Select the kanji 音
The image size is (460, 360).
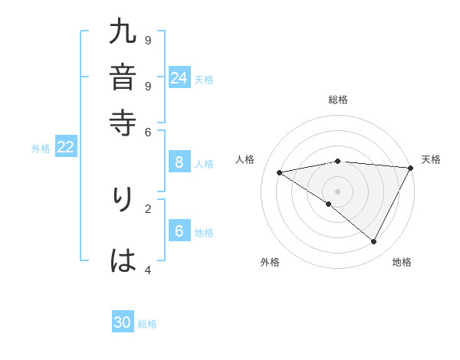tap(123, 77)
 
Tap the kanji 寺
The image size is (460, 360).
tap(123, 123)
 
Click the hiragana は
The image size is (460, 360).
tap(123, 261)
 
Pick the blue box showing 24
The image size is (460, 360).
tap(179, 78)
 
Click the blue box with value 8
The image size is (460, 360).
tap(179, 162)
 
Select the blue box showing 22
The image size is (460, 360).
tap(65, 148)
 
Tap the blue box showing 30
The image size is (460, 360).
tap(123, 322)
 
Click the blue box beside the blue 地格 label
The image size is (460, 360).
tap(179, 231)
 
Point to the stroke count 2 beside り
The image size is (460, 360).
tap(148, 208)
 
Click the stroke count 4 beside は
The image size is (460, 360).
tap(148, 270)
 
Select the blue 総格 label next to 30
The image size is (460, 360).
tap(147, 324)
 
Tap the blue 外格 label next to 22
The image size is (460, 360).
tap(41, 149)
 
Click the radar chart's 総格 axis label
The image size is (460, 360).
tap(338, 100)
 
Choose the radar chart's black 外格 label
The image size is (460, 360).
tap(270, 262)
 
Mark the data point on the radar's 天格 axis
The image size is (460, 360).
tap(411, 168)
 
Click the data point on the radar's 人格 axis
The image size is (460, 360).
tap(280, 172)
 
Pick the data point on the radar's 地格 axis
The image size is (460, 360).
tap(374, 242)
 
